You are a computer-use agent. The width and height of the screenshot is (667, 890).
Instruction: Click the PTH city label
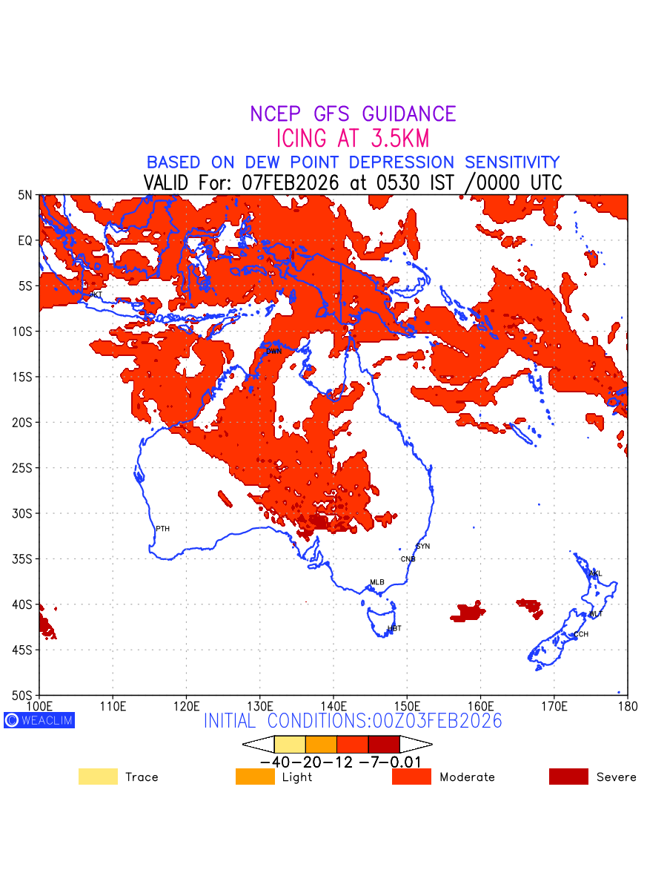click(x=162, y=529)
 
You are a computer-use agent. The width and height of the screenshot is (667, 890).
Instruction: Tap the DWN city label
click(x=273, y=351)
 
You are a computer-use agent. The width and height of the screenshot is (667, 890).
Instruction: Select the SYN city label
click(x=422, y=547)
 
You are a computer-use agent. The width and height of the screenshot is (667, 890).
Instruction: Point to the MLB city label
click(x=377, y=582)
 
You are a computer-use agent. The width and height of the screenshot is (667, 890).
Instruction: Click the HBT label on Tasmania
click(x=394, y=628)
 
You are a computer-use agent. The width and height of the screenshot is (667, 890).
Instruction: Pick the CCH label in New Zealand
click(x=581, y=634)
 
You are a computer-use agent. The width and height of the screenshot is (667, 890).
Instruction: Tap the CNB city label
click(x=408, y=558)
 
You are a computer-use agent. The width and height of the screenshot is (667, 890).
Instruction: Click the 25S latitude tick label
click(x=25, y=468)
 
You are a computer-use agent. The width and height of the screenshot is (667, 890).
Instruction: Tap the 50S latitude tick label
click(x=25, y=695)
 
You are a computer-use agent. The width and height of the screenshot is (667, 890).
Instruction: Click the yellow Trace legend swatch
click(x=98, y=777)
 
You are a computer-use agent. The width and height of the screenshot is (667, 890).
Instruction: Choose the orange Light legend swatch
click(x=255, y=777)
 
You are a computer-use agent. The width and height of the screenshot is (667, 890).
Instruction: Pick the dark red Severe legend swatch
click(x=568, y=777)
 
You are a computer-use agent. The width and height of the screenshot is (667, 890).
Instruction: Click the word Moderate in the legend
click(x=467, y=777)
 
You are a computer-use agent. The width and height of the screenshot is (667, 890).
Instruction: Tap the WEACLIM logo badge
click(x=39, y=720)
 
